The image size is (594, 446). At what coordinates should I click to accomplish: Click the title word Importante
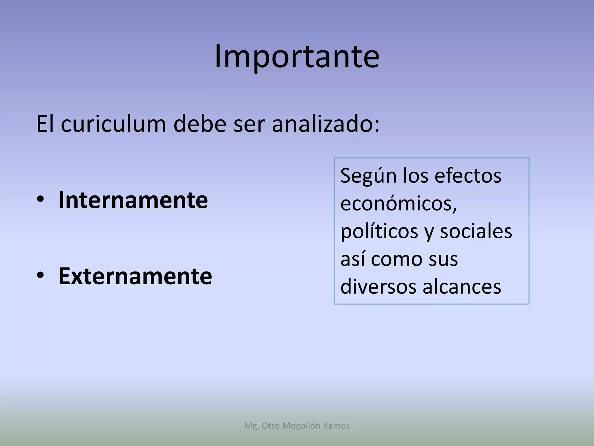[x=297, y=57]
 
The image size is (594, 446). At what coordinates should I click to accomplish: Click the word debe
[x=200, y=124]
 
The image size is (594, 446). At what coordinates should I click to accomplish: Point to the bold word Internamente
[x=133, y=200]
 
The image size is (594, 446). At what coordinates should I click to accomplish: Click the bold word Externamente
[x=135, y=276]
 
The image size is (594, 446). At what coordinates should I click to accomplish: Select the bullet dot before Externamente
[x=40, y=275]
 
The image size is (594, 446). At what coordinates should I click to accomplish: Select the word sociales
[x=476, y=231]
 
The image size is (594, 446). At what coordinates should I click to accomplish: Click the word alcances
[x=462, y=287]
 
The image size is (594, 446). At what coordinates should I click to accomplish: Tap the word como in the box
[x=396, y=259]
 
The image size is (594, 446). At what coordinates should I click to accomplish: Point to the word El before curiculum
[x=45, y=124]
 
